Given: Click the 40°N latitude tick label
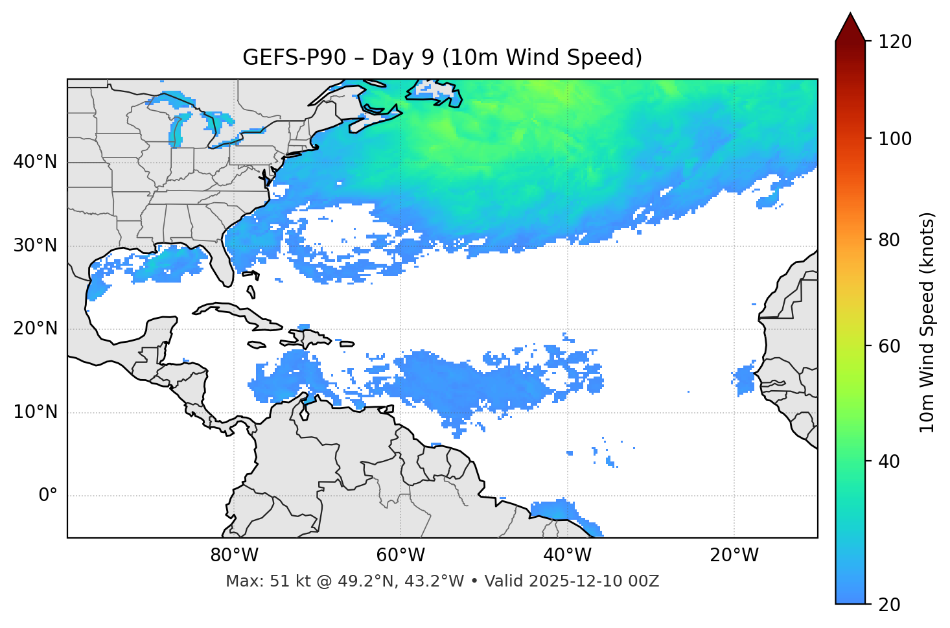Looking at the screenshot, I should pos(35,162).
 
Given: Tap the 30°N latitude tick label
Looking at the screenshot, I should pos(35,246).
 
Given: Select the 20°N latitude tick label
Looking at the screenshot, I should pos(35,329).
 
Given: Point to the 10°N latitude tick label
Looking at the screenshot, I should pos(35,412).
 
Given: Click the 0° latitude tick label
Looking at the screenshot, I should pos(48,495).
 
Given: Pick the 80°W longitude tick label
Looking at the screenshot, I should pos(234,555).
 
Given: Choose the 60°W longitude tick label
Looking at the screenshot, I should pos(400,555).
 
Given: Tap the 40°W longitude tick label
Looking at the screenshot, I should pos(567,555).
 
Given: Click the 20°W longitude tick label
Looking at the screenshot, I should pos(734,555).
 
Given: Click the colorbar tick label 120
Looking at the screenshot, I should pos(896,41).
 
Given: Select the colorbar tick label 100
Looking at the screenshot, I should pos(896,139).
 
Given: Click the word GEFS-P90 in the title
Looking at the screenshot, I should pos(286,58).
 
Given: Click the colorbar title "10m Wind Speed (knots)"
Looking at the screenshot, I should pos(927,322).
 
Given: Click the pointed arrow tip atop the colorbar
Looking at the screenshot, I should pos(850,14).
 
